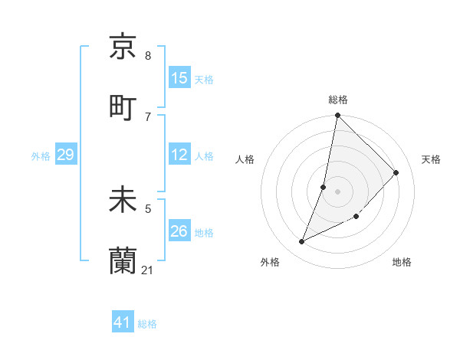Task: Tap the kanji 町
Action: [123, 106]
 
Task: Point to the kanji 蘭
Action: [123, 261]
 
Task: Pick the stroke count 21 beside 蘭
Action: [148, 270]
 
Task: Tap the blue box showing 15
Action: [179, 78]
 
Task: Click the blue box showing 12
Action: [179, 155]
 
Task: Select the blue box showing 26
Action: [179, 231]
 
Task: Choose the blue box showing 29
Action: [65, 155]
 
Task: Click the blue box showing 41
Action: [123, 322]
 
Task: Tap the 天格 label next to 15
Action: [204, 80]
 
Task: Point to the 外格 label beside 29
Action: [41, 156]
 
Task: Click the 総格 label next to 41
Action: [147, 324]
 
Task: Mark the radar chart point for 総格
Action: [337, 116]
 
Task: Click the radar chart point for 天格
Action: [396, 172]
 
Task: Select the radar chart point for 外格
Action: [302, 242]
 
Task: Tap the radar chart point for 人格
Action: [324, 187]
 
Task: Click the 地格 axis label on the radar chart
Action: [402, 262]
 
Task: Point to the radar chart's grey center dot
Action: [337, 191]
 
